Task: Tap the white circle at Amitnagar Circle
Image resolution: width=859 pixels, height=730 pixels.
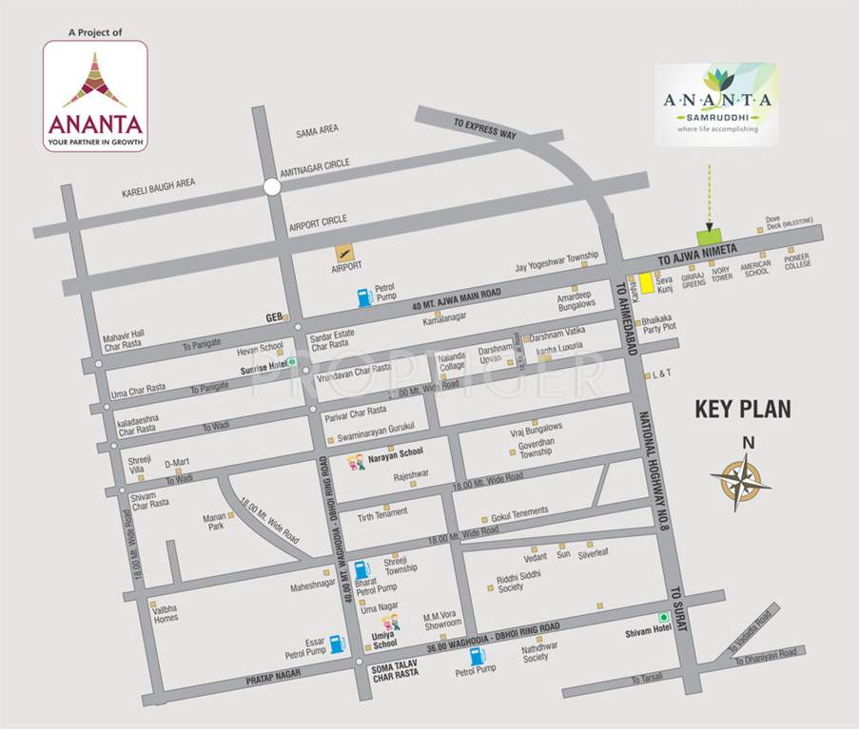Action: [x=272, y=188]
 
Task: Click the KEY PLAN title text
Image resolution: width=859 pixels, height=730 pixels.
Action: [x=743, y=410]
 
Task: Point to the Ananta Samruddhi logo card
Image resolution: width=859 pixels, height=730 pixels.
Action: [x=715, y=105]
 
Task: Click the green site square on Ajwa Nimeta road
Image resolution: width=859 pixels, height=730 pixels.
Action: [x=709, y=237]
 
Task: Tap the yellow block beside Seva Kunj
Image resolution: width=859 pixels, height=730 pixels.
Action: [x=646, y=282]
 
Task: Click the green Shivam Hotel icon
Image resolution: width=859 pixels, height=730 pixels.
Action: [x=664, y=618]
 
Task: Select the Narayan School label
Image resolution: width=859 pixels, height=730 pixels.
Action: [x=395, y=453]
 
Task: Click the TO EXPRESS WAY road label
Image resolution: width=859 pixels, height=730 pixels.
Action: [x=485, y=128]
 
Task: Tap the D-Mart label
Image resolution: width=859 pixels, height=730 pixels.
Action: [x=177, y=463]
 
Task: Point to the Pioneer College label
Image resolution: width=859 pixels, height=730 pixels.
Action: [x=797, y=260]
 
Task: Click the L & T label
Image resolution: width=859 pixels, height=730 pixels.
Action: [x=661, y=375]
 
